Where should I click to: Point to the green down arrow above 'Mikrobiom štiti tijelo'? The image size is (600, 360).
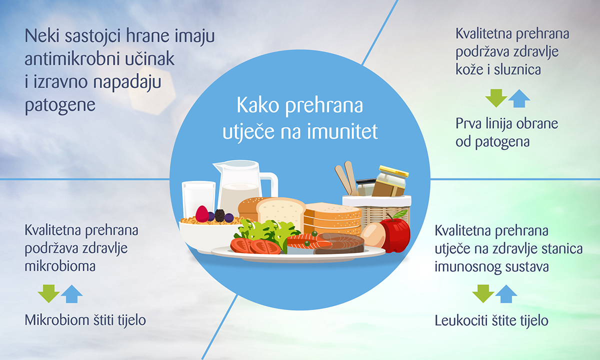tap(48, 293)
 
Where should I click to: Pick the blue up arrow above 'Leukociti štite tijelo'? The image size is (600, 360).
tap(506, 293)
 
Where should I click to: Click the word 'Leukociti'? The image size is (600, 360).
tap(459, 320)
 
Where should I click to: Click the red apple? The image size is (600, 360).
tap(395, 232)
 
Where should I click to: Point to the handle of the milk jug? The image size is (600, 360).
tap(271, 183)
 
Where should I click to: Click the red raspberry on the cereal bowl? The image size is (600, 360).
tap(202, 214)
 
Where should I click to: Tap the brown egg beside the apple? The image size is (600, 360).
tap(372, 235)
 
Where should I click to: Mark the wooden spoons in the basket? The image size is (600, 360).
tap(346, 177)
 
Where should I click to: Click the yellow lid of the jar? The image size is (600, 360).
tap(393, 171)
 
